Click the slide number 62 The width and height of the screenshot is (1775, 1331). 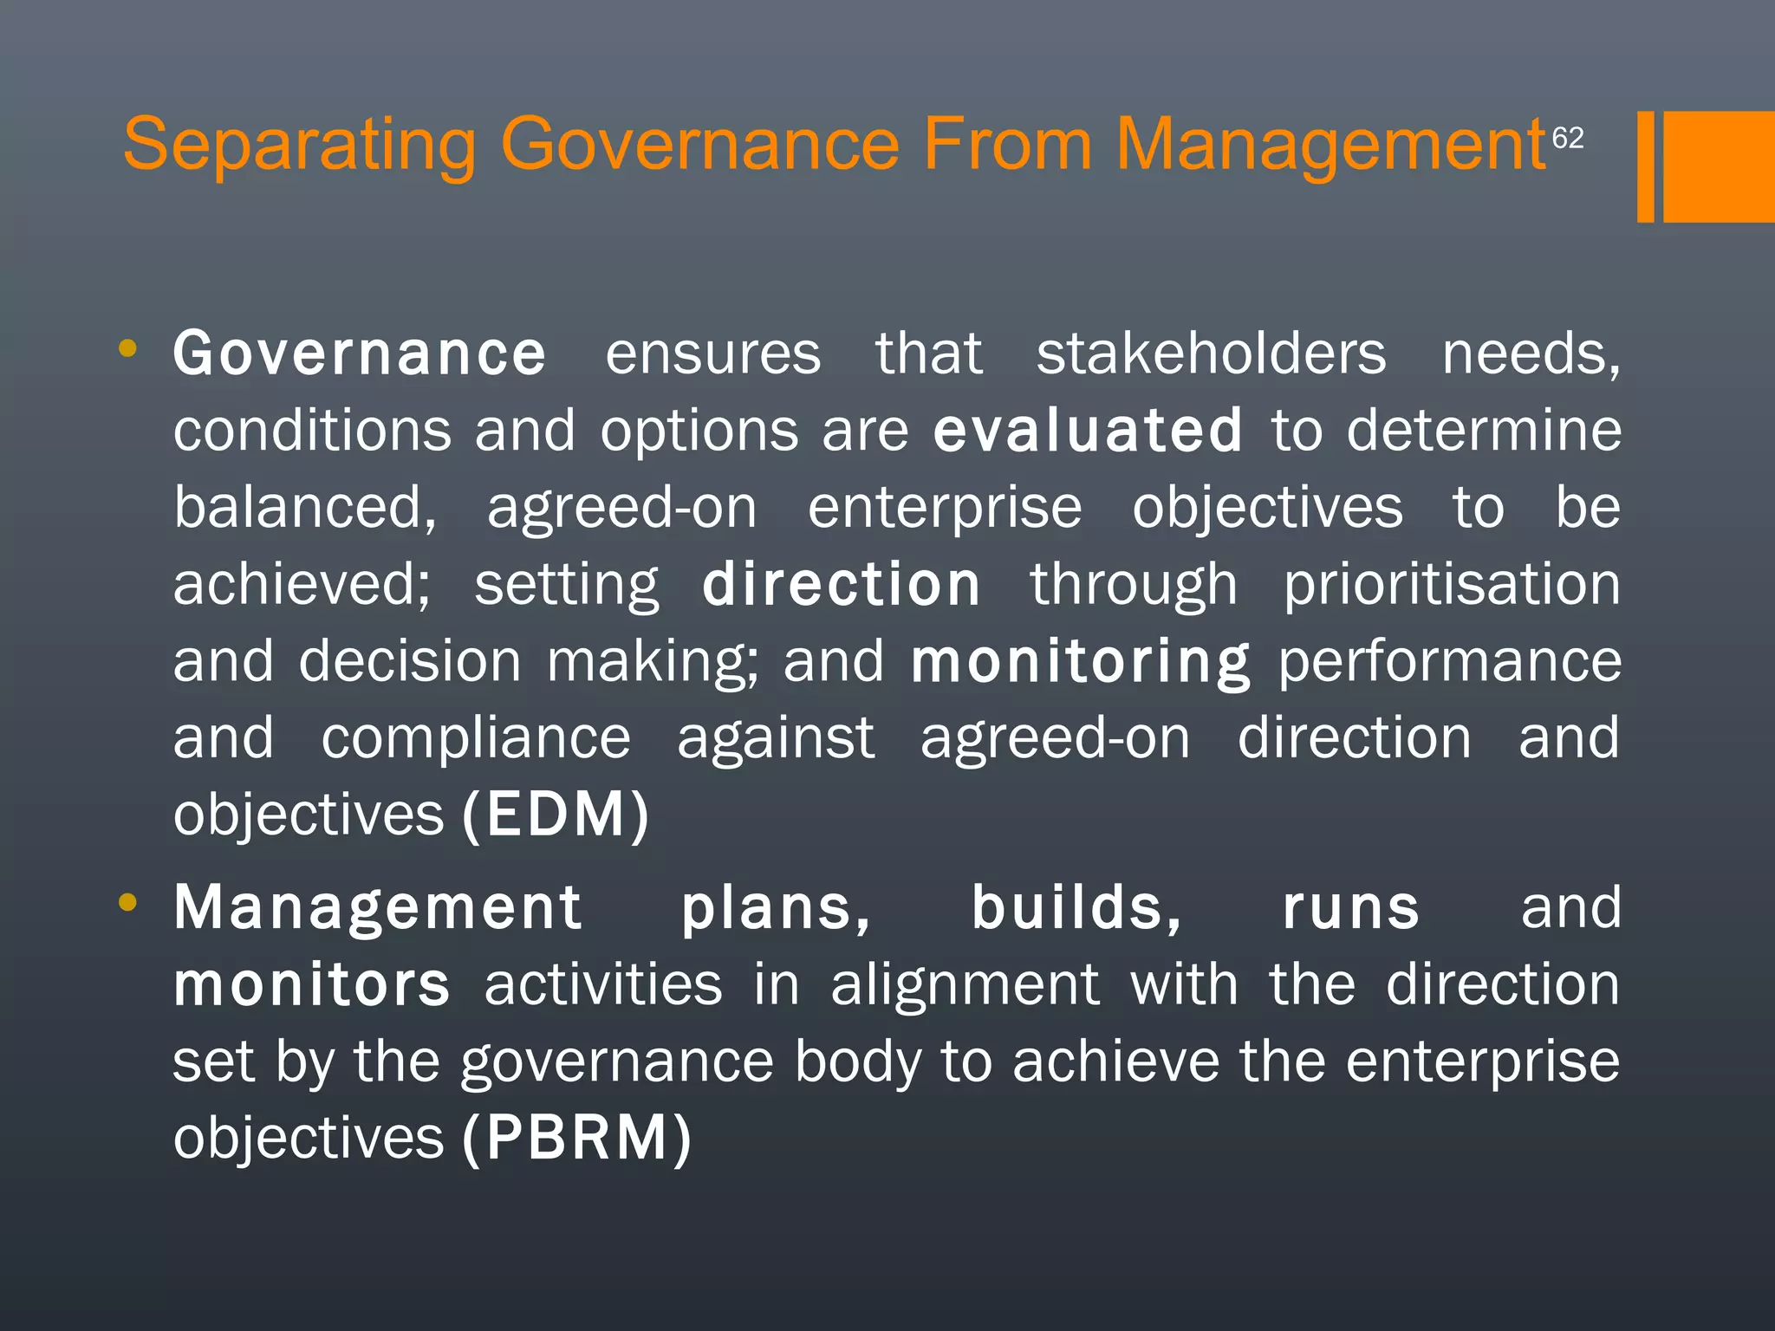1567,138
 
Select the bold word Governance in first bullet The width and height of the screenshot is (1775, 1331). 360,354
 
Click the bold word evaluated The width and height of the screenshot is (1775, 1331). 1088,431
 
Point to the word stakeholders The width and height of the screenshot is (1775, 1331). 1211,354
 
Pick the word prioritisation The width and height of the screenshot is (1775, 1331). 1452,585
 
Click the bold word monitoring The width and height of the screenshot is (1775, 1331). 1081,662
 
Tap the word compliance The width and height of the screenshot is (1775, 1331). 476,739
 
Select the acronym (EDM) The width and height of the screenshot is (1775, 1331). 556,815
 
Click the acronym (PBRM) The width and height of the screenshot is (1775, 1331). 577,1138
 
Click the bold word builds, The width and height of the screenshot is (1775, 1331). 1076,909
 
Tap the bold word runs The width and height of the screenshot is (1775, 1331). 1350,909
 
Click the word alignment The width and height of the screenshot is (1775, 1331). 966,986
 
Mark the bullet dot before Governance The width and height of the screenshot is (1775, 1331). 127,349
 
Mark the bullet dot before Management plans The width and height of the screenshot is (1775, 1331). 127,903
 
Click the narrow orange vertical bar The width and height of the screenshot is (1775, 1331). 1645,166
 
